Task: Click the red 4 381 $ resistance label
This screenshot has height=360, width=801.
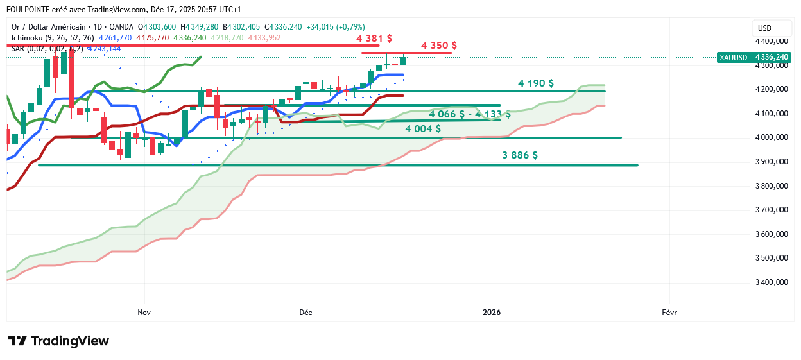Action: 374,39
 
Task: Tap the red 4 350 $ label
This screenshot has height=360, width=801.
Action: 439,46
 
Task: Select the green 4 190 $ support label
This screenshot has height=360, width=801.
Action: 536,83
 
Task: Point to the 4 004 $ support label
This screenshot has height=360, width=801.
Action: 422,128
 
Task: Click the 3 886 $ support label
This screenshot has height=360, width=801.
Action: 520,155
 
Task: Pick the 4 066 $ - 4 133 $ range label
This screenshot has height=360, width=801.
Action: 470,114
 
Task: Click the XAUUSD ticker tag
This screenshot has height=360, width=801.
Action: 733,57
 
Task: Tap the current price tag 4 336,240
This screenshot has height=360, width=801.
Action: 771,57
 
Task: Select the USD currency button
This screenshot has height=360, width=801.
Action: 764,28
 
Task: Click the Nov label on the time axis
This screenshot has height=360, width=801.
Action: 144,313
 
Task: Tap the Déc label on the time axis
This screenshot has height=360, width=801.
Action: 306,313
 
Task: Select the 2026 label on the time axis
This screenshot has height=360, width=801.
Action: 492,313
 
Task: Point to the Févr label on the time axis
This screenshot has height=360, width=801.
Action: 669,313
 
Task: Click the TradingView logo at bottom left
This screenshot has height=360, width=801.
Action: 58,341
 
